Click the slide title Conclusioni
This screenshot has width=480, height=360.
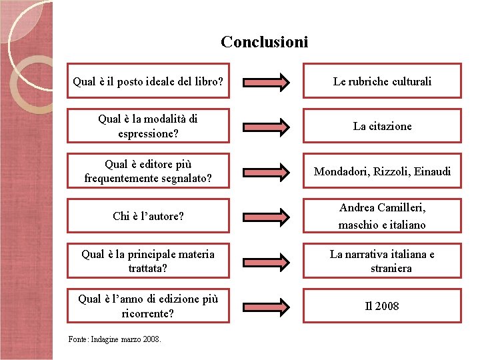[265, 42]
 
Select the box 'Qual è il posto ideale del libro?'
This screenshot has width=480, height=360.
[147, 82]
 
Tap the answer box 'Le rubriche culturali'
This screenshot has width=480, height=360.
[382, 81]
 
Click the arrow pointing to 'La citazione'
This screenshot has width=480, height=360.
[266, 126]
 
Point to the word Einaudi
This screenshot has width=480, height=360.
[432, 171]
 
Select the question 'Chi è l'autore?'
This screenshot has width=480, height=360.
[148, 216]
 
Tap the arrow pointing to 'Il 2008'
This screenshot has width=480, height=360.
[266, 306]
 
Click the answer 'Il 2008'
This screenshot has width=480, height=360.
[382, 306]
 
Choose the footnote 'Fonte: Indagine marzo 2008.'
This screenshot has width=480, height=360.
[115, 339]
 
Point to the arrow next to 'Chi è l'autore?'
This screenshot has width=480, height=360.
[266, 216]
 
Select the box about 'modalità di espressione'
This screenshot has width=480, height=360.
[147, 126]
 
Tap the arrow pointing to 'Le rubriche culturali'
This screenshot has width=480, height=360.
[266, 82]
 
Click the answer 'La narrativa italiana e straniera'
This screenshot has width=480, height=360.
[382, 261]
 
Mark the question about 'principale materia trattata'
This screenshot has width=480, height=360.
[147, 261]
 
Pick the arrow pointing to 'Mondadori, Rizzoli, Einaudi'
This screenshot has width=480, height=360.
[266, 171]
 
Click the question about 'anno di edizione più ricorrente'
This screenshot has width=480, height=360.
[147, 306]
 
